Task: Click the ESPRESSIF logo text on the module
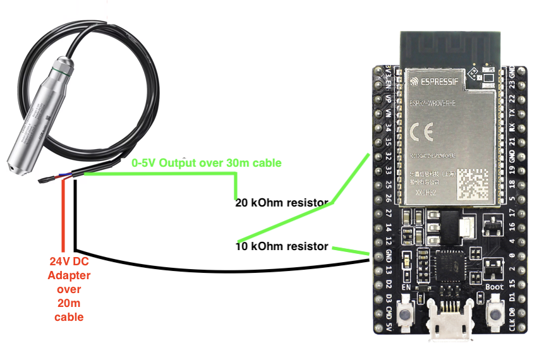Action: (x=437, y=81)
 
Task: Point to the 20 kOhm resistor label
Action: (x=282, y=203)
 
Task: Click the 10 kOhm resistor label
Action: (x=282, y=246)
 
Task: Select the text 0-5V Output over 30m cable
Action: (x=206, y=163)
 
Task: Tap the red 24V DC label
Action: (x=69, y=261)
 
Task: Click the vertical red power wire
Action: (x=64, y=215)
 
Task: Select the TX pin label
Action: (x=512, y=114)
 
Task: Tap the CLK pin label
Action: (x=512, y=324)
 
